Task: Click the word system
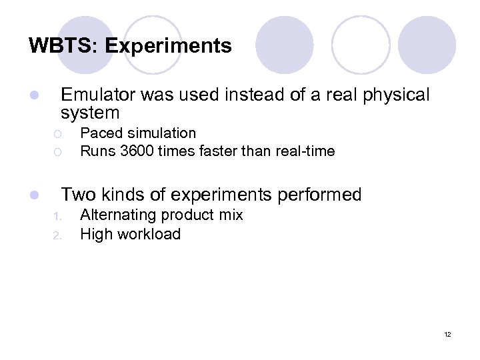click(x=90, y=113)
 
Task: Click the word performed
click(x=319, y=195)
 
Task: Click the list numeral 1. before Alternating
click(x=57, y=216)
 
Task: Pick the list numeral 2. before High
click(x=57, y=235)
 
